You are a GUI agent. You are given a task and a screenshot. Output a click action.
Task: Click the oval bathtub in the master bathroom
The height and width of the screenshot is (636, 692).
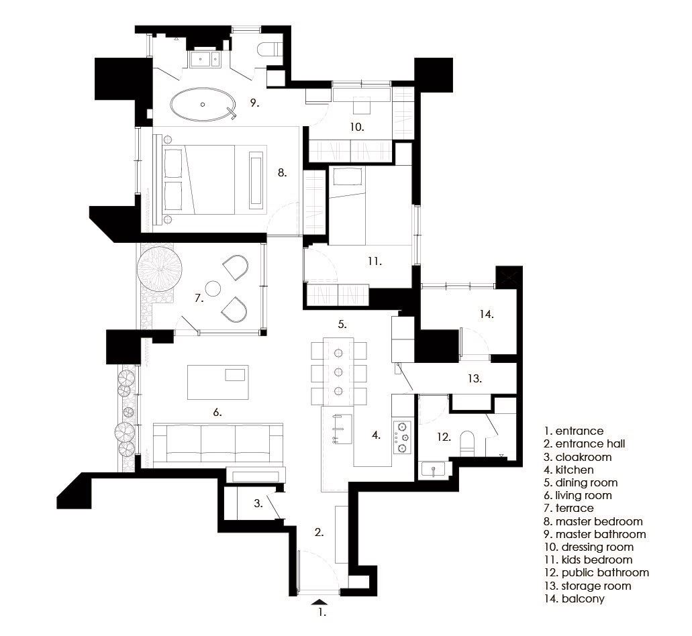(203, 105)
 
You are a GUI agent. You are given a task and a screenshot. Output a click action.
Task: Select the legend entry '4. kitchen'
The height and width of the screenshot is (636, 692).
(569, 470)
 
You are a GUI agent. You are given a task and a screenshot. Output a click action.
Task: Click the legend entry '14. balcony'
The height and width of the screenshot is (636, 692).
(574, 598)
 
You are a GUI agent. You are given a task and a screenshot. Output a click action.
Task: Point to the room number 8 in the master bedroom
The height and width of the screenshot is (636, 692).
(282, 172)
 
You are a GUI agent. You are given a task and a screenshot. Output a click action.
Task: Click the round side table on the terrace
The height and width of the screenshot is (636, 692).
(213, 288)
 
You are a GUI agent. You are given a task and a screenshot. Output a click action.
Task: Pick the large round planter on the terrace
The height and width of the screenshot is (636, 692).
(159, 269)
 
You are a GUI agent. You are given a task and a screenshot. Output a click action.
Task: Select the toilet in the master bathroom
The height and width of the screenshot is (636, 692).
(268, 49)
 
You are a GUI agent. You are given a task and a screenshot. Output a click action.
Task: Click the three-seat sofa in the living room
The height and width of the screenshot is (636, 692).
(218, 443)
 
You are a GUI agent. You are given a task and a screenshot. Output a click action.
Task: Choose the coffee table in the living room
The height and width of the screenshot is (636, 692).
(218, 382)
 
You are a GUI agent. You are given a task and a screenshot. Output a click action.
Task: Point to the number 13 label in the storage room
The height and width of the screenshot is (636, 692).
(475, 378)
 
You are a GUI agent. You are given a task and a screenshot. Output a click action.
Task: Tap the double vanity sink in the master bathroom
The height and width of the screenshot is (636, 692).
(205, 58)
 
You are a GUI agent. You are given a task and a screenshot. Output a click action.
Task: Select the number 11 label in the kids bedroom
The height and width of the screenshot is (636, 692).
(375, 261)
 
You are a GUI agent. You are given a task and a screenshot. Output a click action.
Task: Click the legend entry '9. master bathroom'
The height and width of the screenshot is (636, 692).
(595, 534)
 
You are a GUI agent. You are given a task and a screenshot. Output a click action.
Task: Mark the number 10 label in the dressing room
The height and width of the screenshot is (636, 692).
(357, 127)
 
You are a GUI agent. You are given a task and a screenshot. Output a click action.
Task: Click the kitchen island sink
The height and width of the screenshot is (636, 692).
(342, 429)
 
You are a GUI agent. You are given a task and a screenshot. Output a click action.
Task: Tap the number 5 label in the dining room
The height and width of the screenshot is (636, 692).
(342, 324)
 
